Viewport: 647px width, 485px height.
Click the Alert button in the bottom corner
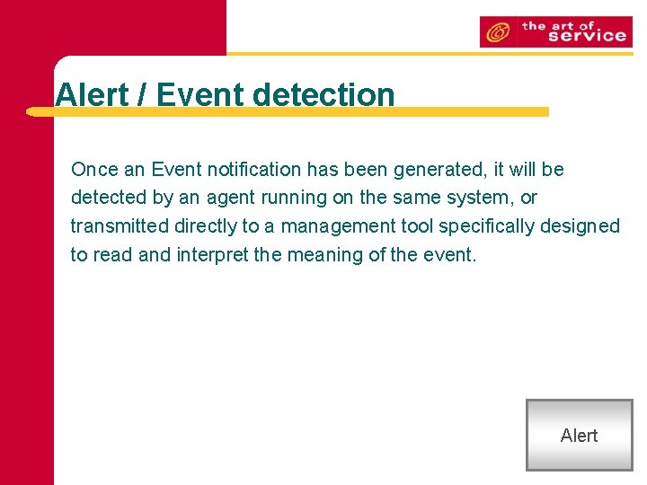[x=579, y=436]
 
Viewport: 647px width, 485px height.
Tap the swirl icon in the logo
[x=495, y=33]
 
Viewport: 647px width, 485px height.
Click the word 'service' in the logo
[x=587, y=36]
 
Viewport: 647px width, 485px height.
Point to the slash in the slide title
[x=142, y=94]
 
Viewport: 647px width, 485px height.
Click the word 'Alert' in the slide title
[x=92, y=94]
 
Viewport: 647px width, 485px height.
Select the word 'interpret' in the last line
[x=212, y=254]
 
